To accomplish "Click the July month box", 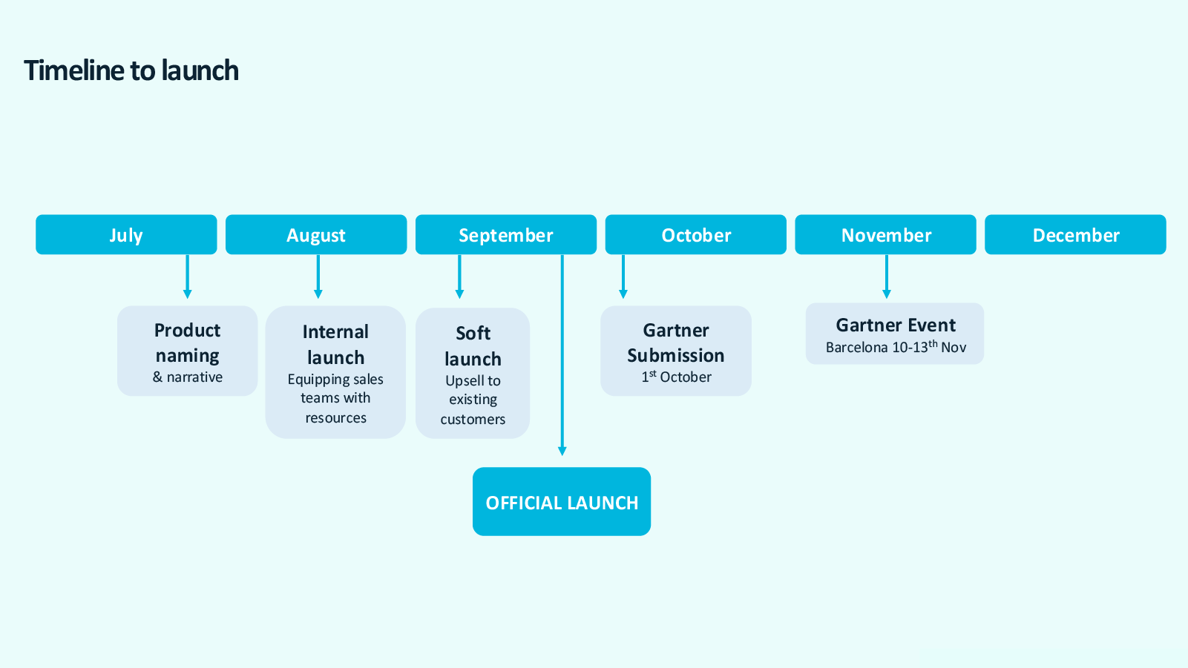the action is (x=126, y=235).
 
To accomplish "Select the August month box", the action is (x=316, y=235).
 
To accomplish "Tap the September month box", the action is (x=506, y=235).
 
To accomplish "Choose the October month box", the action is (x=696, y=235).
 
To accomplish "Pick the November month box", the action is (x=886, y=235).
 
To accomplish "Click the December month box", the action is (x=1075, y=235).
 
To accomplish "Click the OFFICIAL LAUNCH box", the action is (x=562, y=502).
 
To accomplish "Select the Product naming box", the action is (x=188, y=351).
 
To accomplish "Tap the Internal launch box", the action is (x=335, y=372).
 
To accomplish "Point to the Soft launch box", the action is (x=473, y=374).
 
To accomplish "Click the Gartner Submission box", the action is (x=676, y=351).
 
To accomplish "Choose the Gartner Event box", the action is (x=895, y=334).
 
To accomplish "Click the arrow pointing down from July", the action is (x=187, y=277).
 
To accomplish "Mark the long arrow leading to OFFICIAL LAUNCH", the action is (x=562, y=356).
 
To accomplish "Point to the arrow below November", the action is (x=886, y=277).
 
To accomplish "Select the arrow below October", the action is (x=623, y=277).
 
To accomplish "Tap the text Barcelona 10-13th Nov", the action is (x=896, y=347).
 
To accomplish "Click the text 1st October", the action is (x=677, y=377).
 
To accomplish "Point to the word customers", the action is (x=473, y=420).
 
